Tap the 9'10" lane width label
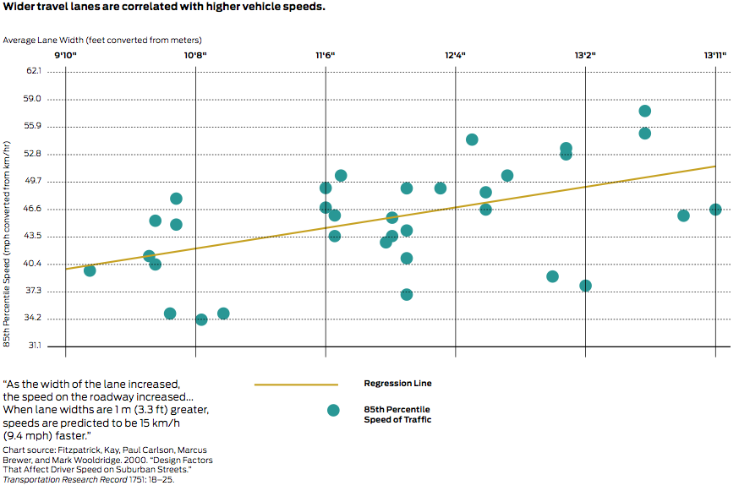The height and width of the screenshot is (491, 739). pyautogui.click(x=66, y=56)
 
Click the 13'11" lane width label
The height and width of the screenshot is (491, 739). pyautogui.click(x=715, y=56)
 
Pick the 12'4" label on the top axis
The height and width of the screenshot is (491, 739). pyautogui.click(x=455, y=56)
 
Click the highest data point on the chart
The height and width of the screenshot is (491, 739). pyautogui.click(x=645, y=111)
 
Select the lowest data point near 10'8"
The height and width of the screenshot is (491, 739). pyautogui.click(x=201, y=319)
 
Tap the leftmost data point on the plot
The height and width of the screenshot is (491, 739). pyautogui.click(x=90, y=270)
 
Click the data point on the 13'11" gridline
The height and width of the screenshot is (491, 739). pyautogui.click(x=715, y=210)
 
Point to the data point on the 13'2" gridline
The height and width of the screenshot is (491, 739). pyautogui.click(x=585, y=286)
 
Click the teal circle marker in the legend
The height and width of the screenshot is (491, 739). pyautogui.click(x=333, y=410)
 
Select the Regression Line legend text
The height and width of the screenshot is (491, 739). pyautogui.click(x=397, y=384)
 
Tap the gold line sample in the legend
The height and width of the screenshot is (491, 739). pyautogui.click(x=296, y=385)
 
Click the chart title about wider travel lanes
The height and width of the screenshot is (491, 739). pyautogui.click(x=164, y=8)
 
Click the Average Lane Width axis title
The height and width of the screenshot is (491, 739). pyautogui.click(x=102, y=40)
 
